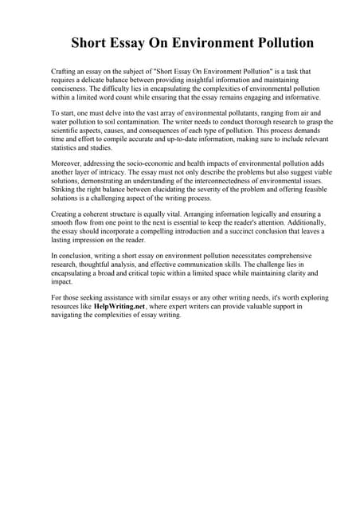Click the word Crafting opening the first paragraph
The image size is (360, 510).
66,72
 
